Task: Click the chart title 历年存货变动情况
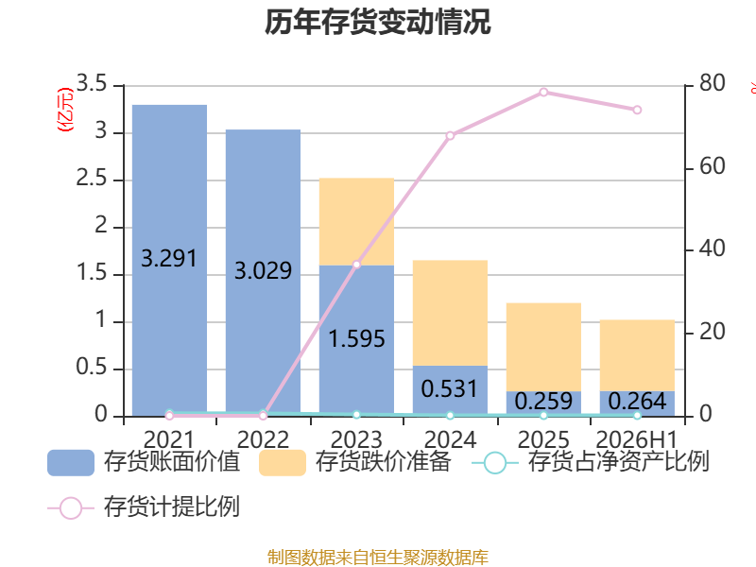[x=377, y=22]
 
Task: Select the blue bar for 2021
[x=170, y=261]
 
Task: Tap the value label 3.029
[x=264, y=270]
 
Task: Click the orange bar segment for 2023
[x=357, y=221]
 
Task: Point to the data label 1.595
[x=357, y=339]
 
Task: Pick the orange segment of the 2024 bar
[x=451, y=313]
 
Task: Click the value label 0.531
[x=450, y=389]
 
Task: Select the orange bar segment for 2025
[x=544, y=347]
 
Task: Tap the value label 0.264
[x=637, y=401]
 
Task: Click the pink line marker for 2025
[x=544, y=92]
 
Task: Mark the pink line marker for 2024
[x=451, y=135]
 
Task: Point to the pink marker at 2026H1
[x=637, y=110]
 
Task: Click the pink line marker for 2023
[x=357, y=265]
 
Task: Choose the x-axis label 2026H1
[x=637, y=439]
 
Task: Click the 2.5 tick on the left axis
[x=92, y=179]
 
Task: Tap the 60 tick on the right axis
[x=713, y=166]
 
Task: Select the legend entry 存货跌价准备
[x=355, y=462]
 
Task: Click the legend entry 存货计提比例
[x=144, y=507]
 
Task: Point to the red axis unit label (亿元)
[x=65, y=110]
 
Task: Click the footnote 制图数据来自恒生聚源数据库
[x=377, y=558]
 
